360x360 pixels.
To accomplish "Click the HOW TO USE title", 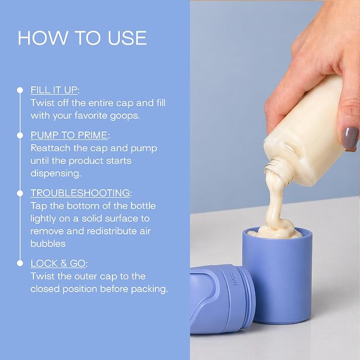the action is coord(82,38).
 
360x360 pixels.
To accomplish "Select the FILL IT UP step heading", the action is coord(54,90).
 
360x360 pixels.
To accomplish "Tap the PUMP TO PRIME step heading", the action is coord(69,135).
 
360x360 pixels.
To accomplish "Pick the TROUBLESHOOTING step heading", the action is coord(81,193).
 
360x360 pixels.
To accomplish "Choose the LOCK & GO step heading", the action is coord(58,264).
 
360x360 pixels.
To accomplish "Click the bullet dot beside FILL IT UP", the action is coord(20,90).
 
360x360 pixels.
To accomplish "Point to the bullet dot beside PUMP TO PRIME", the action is coord(20,135).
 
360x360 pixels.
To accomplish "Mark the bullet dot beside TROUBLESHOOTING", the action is coord(20,194).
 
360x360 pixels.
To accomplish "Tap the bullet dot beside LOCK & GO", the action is coord(20,263).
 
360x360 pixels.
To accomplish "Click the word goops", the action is coord(125,116).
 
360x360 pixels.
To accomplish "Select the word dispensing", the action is coord(56,173).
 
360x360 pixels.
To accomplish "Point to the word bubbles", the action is coord(48,243).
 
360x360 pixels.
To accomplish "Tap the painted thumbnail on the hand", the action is coord(351,138).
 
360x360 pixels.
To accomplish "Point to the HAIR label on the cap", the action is coord(235,279).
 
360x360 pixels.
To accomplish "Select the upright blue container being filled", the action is coord(277,275).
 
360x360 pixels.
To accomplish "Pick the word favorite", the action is coord(91,116).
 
